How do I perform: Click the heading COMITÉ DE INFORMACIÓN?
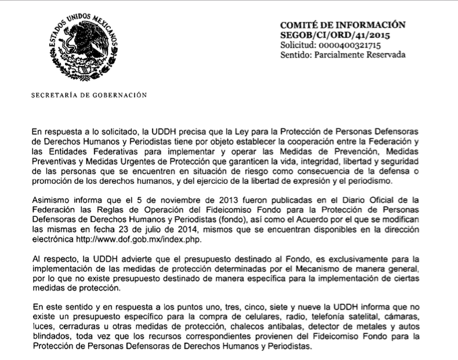point(342,25)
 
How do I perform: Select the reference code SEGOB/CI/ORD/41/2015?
point(335,35)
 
